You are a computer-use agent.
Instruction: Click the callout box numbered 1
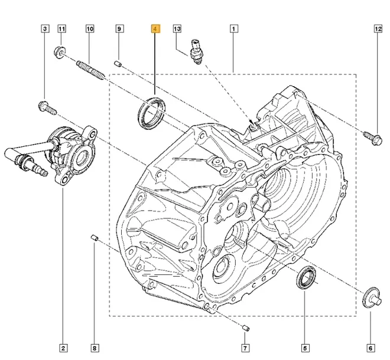point(234,28)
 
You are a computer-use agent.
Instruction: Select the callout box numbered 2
point(63,348)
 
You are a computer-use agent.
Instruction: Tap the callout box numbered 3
point(44,28)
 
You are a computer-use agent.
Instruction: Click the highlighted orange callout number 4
point(155,28)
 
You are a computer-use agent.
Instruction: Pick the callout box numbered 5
point(305,348)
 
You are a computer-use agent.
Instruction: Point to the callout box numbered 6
point(370,348)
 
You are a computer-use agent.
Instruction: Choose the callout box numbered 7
point(246,348)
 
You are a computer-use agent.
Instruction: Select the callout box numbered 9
point(119,28)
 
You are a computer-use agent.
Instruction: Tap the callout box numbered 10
point(90,28)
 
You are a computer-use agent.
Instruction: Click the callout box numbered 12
point(379,28)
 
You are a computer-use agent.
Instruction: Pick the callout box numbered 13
point(177,28)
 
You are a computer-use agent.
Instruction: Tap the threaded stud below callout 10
point(90,68)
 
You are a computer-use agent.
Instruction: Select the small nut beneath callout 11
point(60,52)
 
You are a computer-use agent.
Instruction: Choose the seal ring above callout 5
point(305,277)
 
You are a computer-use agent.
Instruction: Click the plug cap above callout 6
point(370,294)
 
